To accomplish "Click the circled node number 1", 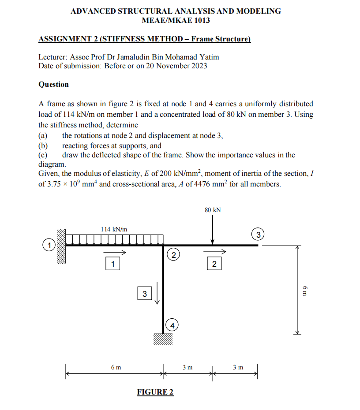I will point(51,244).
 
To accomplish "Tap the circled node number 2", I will point(173,255).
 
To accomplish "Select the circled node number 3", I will point(259,233).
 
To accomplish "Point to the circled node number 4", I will point(173,325).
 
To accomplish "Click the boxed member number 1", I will point(113,264).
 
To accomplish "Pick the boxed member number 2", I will point(214,264).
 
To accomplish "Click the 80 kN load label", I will point(213,210).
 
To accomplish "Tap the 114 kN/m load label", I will point(114,229).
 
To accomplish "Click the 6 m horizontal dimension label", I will point(116,367).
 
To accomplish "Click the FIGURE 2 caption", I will point(155,392).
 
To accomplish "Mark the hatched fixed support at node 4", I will point(163,339).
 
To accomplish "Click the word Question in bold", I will point(54,84).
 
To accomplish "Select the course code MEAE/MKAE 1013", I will point(176,20).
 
